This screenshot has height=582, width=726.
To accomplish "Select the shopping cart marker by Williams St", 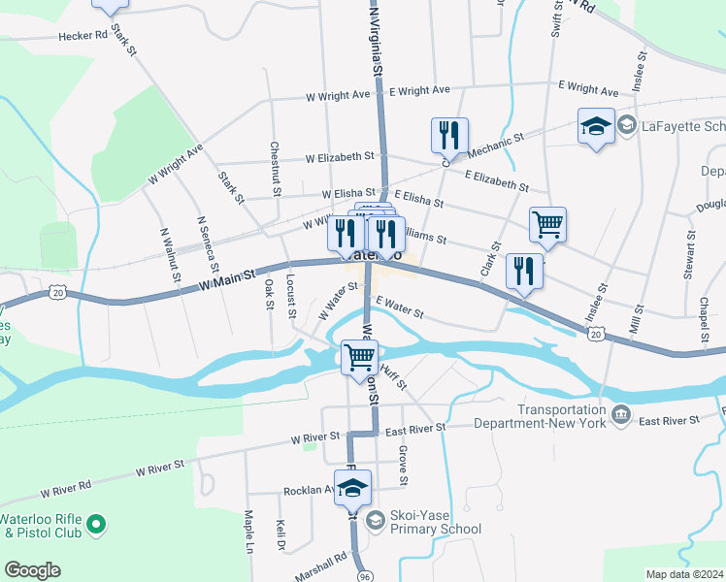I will (x=547, y=224).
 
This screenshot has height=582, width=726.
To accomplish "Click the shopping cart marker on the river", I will (x=360, y=356).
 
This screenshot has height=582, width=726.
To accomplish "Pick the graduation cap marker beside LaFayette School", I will (x=596, y=126).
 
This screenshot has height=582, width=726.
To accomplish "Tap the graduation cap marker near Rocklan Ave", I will (x=354, y=490).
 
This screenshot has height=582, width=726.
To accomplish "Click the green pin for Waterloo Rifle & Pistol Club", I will (x=95, y=525).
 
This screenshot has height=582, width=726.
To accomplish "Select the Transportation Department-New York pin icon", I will (x=621, y=417).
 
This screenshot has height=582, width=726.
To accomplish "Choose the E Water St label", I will (x=399, y=307).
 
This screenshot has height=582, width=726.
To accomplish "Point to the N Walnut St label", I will (x=169, y=254).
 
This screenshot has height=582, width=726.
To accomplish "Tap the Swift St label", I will (x=556, y=18).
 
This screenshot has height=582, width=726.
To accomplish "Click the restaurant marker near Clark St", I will (x=523, y=271).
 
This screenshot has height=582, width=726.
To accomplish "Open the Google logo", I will (x=32, y=570).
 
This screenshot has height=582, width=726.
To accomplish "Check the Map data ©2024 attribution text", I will (x=685, y=574).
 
